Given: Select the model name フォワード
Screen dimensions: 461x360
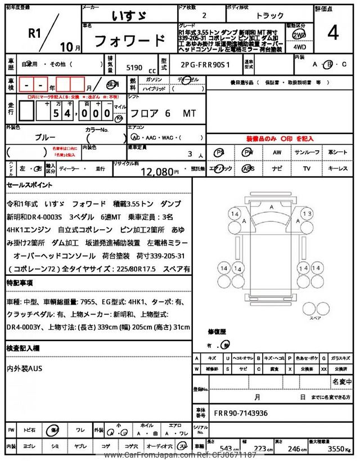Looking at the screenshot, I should pyautogui.click(x=129, y=41).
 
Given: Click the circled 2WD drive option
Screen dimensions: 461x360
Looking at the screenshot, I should pyautogui.click(x=299, y=35).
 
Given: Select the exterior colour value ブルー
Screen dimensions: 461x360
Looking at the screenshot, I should pyautogui.click(x=46, y=137).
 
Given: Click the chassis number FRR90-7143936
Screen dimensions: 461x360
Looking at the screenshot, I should pyautogui.click(x=241, y=413).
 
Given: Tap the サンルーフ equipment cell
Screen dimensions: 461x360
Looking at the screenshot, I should pyautogui.click(x=307, y=152).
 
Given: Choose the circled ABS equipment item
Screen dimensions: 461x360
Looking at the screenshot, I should pyautogui.click(x=247, y=168).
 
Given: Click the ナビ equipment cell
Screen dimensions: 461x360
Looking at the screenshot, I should pyautogui.click(x=277, y=168).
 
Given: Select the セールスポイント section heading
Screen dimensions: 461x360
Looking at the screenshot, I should pyautogui.click(x=30, y=185).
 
